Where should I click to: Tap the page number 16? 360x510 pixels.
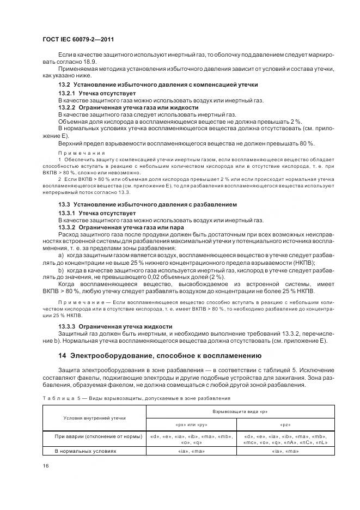pyautogui.click(x=46, y=465)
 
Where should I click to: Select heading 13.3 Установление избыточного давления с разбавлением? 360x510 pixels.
pyautogui.click(x=147, y=204)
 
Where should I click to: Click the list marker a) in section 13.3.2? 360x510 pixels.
pyautogui.click(x=61, y=254)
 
